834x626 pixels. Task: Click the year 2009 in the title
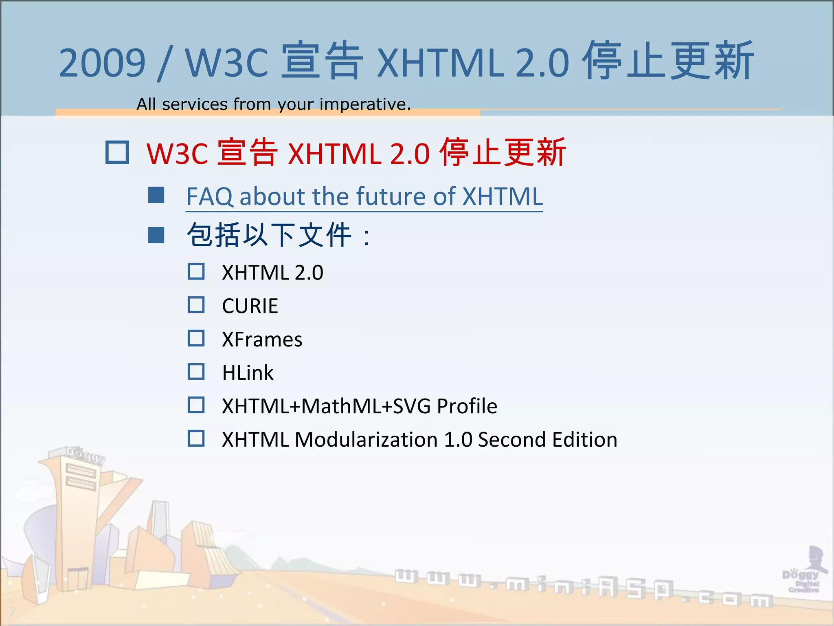[102, 63]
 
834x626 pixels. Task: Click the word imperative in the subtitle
[364, 104]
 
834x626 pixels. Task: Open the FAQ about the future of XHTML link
[364, 197]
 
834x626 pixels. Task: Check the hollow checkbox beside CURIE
[196, 305]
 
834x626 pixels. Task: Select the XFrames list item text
[262, 339]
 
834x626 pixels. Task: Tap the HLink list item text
[248, 373]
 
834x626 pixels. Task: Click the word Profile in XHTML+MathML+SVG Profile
[467, 406]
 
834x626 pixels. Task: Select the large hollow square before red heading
[117, 152]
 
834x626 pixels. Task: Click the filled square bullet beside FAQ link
[156, 195]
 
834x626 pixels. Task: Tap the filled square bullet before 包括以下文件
[156, 235]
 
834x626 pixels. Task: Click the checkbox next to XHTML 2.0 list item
[196, 271]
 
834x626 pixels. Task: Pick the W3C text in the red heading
[177, 154]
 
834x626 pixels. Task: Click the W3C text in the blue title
[226, 63]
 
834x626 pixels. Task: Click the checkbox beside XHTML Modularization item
[196, 439]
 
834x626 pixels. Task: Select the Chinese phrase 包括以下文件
[269, 235]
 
